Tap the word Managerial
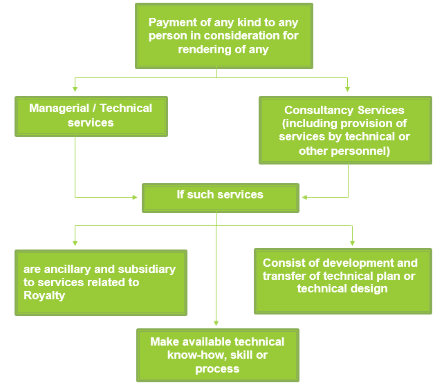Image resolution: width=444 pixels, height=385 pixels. (59, 108)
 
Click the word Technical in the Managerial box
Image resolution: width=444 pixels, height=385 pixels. (126, 108)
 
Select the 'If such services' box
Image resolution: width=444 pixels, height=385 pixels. (220, 196)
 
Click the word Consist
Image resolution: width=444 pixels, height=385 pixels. (283, 263)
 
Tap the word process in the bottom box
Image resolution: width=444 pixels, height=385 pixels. (216, 368)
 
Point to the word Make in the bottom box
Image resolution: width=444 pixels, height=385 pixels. (165, 341)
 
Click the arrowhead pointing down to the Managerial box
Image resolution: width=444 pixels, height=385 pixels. (75, 90)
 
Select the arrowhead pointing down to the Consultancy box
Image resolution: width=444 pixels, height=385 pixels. (347, 90)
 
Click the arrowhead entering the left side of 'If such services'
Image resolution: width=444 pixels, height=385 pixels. (136, 197)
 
